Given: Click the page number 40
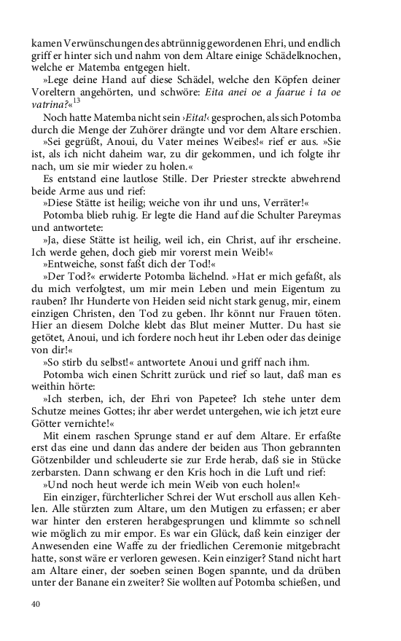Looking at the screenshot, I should click(36, 603).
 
